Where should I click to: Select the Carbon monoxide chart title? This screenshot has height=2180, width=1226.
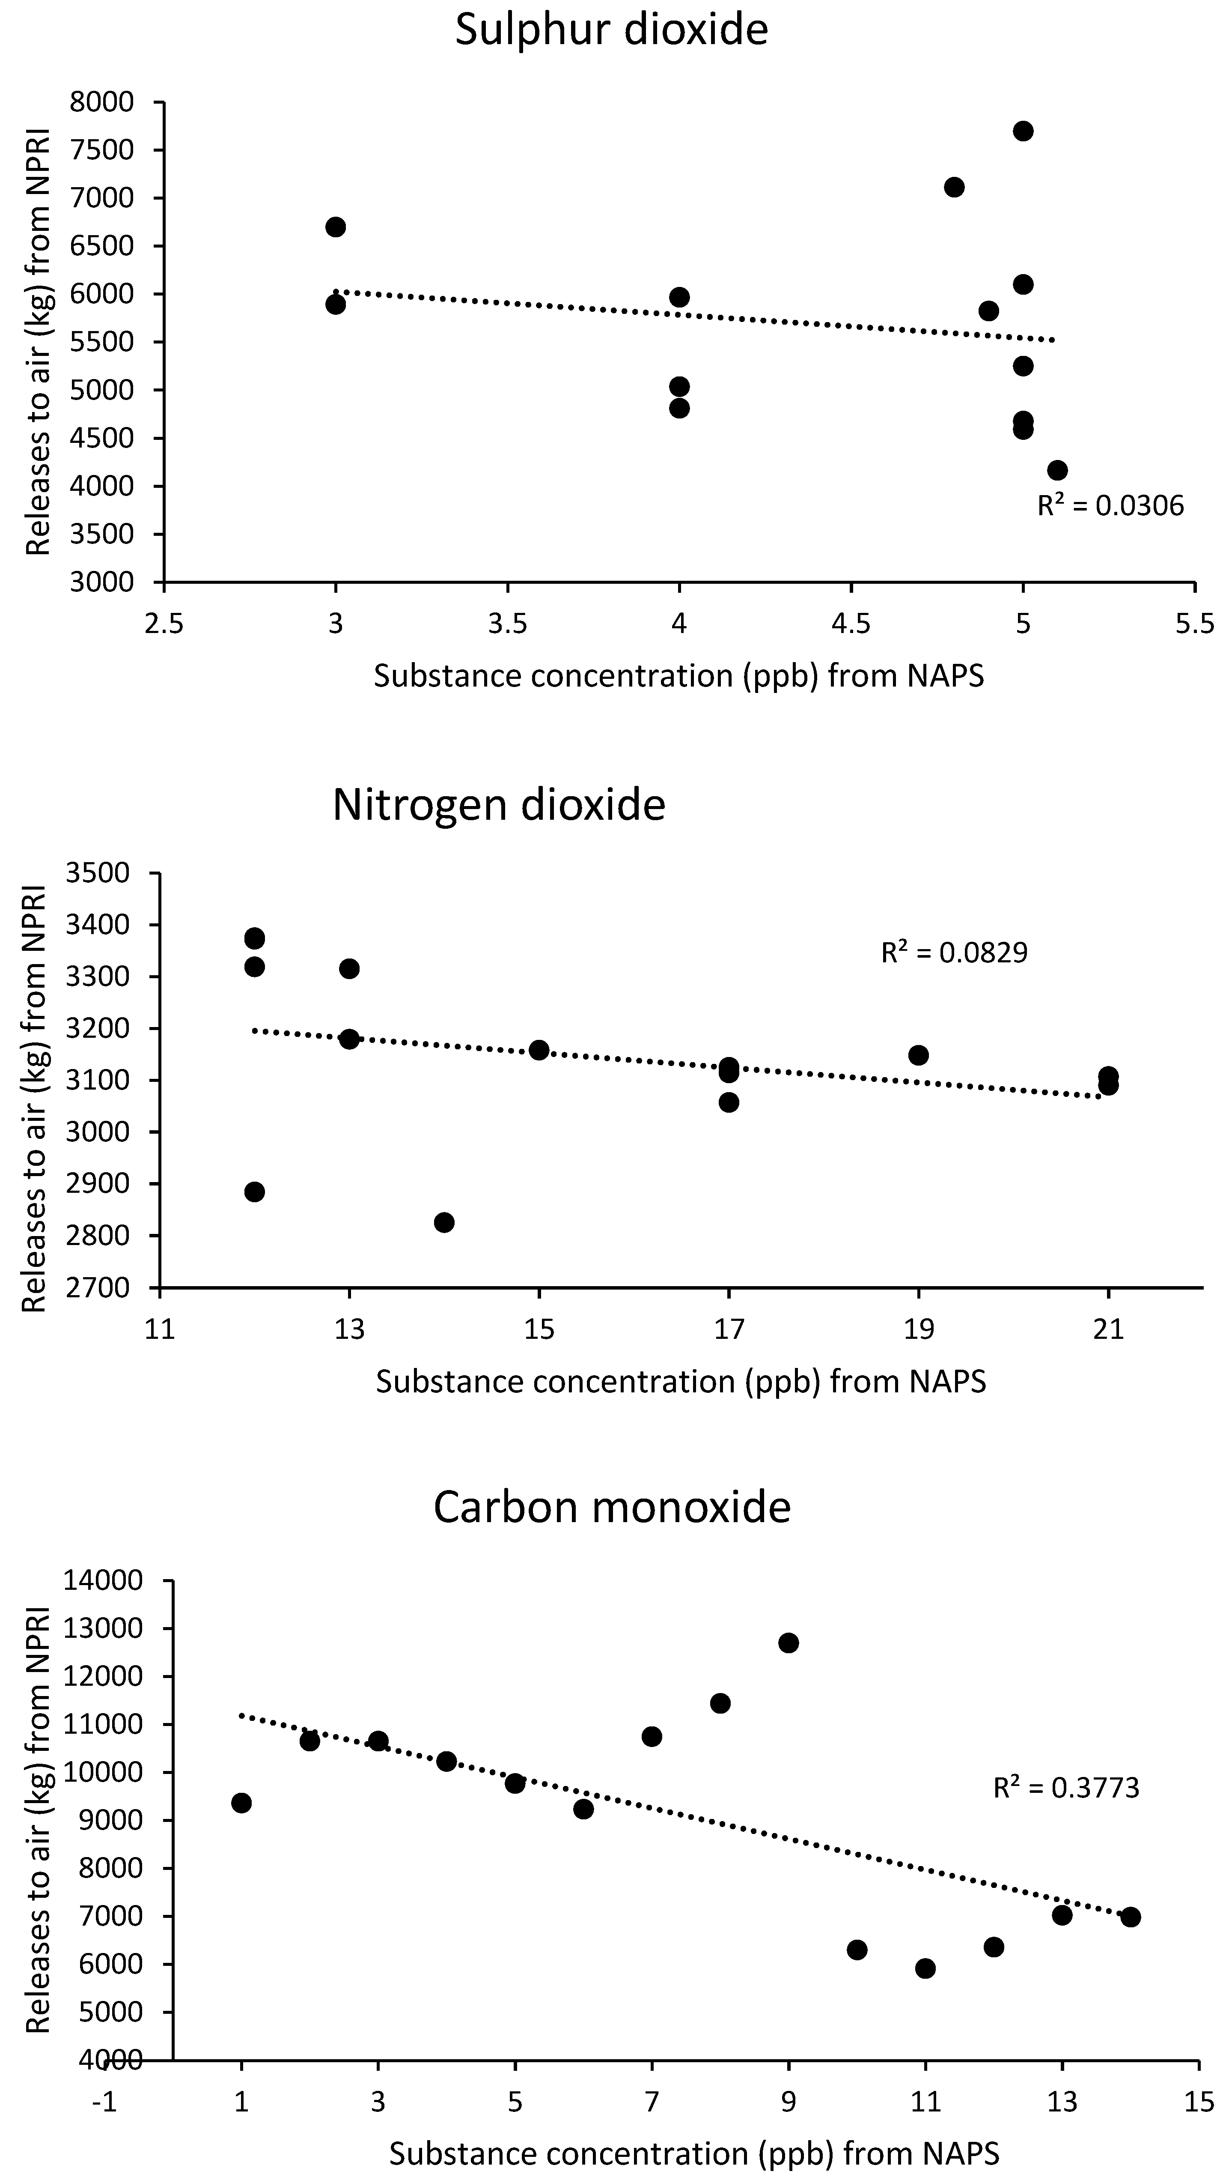(612, 1507)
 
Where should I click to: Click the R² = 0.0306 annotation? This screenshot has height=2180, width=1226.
(1110, 506)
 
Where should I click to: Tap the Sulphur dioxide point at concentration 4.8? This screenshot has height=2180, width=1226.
(955, 187)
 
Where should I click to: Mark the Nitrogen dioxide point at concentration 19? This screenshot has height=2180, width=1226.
(918, 1055)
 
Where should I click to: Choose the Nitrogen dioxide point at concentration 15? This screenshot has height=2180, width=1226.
(539, 1050)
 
